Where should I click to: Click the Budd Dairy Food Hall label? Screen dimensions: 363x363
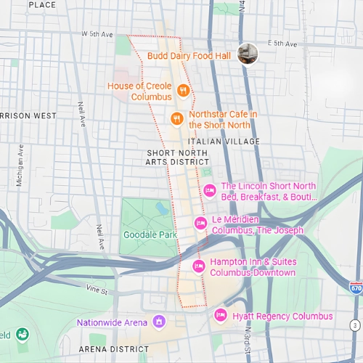point(189,55)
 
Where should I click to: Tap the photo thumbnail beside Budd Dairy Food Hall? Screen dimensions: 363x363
point(248,53)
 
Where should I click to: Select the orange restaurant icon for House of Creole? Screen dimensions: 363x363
point(184,91)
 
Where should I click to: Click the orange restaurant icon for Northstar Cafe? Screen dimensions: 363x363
point(176,118)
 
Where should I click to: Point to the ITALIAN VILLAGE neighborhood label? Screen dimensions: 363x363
point(223,141)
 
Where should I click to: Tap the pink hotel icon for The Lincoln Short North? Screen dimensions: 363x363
point(210,191)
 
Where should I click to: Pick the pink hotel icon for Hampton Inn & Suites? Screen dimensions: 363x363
point(197,266)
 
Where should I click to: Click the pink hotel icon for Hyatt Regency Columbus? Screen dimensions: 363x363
point(221,316)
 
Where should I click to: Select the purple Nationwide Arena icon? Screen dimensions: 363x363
point(158,322)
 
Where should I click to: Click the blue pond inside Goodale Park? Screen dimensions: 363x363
point(161,210)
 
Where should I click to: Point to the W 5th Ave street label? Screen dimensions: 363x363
point(98,34)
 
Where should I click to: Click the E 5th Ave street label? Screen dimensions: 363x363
point(282,44)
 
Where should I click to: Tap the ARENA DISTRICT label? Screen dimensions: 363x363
point(108,349)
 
